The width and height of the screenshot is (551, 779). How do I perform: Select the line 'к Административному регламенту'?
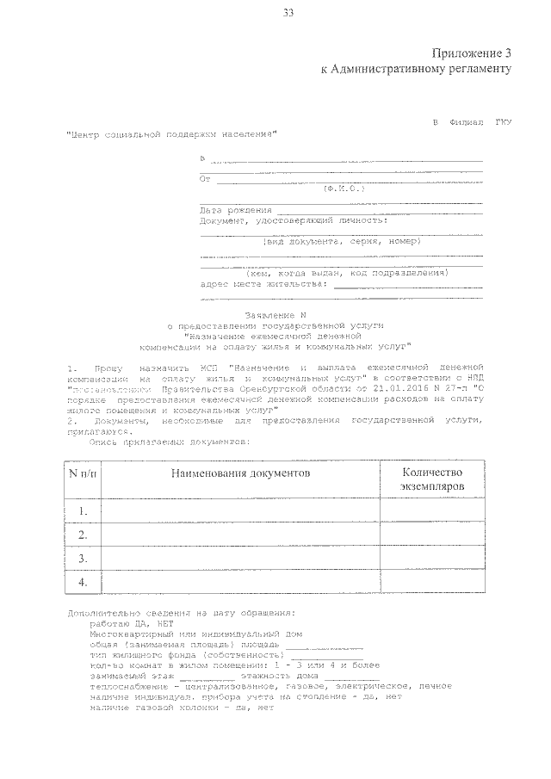[x=416, y=69]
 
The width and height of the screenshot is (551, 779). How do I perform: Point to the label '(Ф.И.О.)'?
[x=343, y=187]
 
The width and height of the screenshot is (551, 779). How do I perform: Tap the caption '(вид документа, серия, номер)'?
[x=341, y=242]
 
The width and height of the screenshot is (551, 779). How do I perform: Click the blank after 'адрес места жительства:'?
[x=407, y=283]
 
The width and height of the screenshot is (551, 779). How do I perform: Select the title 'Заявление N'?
[x=275, y=316]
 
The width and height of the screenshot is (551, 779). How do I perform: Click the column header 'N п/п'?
[x=83, y=473]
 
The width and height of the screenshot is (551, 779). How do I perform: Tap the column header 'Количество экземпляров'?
[x=431, y=479]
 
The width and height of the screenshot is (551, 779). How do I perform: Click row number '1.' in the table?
[x=83, y=511]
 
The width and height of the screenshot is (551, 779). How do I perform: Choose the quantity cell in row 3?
[x=431, y=559]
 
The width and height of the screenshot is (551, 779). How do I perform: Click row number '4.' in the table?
[x=83, y=583]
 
